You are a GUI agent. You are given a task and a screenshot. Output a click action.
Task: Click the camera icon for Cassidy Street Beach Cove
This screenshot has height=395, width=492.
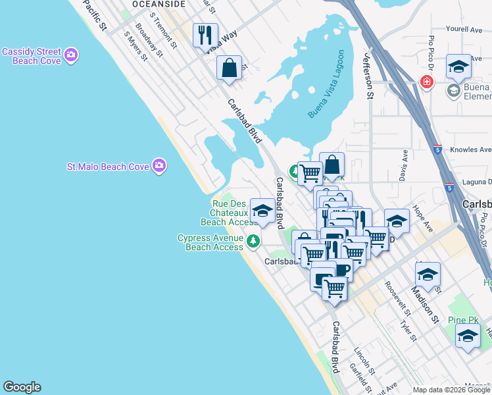pyautogui.click(x=71, y=53)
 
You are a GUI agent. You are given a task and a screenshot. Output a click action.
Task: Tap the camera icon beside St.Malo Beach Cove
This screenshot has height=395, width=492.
pyautogui.click(x=159, y=165)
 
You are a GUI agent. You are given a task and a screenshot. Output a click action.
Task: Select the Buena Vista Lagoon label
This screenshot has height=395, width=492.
pyautogui.click(x=326, y=84)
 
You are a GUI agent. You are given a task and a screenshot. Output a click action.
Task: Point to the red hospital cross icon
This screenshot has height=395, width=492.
pyautogui.click(x=427, y=82)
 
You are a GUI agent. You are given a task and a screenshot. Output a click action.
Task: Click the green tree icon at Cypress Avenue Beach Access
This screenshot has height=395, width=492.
pyautogui.click(x=253, y=243)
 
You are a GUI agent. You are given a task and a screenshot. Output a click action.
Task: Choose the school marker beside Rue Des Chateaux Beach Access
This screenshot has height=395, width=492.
pyautogui.click(x=263, y=211)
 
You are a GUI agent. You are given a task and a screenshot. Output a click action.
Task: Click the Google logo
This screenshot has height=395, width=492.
pyautogui.click(x=22, y=387)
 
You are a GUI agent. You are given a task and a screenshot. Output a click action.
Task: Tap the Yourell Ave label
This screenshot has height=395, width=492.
pyautogui.click(x=464, y=29)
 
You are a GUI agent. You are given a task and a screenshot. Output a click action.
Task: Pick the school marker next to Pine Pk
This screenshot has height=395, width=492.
pyautogui.click(x=468, y=336)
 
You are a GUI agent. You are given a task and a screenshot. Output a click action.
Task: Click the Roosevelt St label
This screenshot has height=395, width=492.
pyautogui.click(x=397, y=297)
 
